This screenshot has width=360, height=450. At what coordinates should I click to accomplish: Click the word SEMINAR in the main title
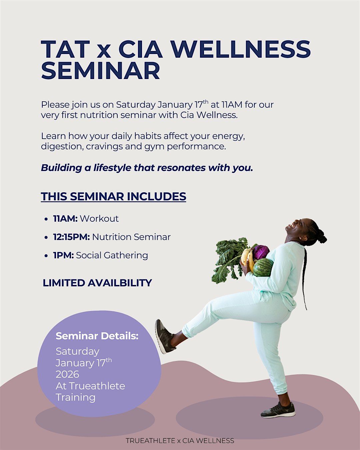(x=101, y=70)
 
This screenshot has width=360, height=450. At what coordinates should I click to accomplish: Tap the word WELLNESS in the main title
(x=241, y=49)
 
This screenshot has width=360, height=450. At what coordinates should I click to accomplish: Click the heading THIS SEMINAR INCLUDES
(x=113, y=196)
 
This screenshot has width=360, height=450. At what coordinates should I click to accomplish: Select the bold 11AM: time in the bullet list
(x=65, y=219)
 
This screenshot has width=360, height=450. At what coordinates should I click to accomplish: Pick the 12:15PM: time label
(x=72, y=237)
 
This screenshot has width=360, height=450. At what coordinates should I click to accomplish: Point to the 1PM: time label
(x=63, y=255)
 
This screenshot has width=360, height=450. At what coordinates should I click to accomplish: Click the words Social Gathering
(x=112, y=256)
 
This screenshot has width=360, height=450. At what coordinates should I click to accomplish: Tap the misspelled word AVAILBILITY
(x=120, y=283)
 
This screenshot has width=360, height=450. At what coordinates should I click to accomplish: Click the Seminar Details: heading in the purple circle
(x=97, y=336)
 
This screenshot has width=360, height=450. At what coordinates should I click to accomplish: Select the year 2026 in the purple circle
(x=67, y=374)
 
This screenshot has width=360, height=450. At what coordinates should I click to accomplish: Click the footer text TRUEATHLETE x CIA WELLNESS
(x=180, y=441)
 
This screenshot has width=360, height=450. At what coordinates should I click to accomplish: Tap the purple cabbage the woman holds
(x=260, y=252)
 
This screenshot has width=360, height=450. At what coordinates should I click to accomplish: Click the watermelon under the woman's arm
(x=263, y=268)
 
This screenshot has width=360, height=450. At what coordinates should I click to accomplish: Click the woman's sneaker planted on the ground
(x=278, y=410)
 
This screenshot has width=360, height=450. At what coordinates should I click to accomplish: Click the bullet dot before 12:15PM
(x=46, y=238)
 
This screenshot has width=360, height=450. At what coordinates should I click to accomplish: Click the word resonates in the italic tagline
(x=181, y=168)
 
